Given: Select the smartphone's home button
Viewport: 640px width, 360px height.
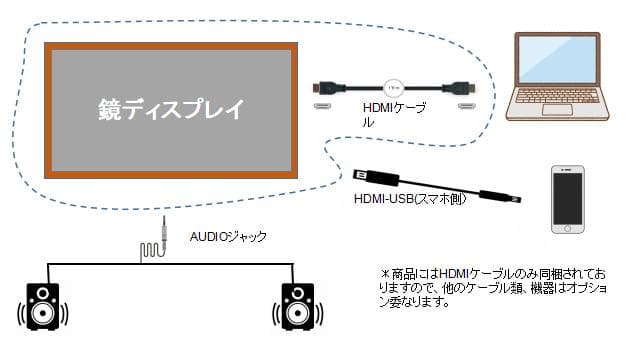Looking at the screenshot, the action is tap(568, 228).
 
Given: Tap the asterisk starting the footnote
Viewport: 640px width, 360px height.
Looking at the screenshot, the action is tap(383, 272).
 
